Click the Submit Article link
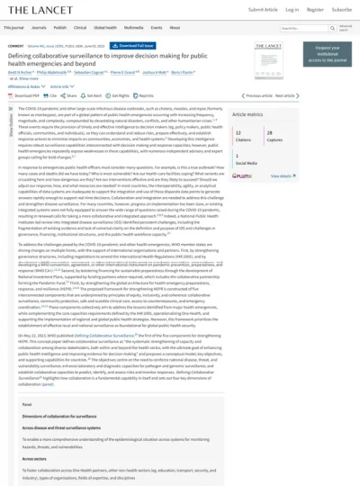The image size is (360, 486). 263,10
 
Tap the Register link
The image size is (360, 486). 315,10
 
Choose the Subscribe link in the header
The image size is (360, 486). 341,10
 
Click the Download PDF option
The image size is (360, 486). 25,94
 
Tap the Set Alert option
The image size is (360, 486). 93,94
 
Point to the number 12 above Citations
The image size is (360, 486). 238,131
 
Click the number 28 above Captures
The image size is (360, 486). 269,131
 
